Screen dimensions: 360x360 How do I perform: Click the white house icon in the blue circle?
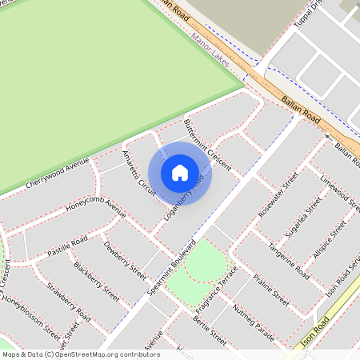[x=180, y=172]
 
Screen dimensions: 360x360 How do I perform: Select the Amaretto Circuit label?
[x=137, y=172]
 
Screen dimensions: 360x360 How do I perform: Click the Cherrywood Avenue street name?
[x=57, y=174]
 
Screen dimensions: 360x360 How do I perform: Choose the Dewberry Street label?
[x=125, y=260]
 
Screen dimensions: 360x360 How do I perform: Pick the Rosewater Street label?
[x=278, y=195]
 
